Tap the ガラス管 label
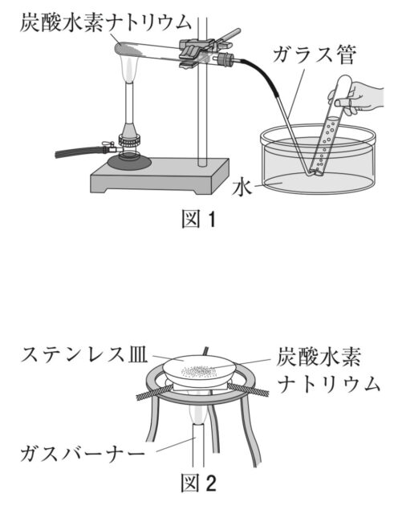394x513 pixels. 312,56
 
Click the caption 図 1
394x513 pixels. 197,218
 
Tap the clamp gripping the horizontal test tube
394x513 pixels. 197,50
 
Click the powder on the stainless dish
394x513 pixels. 199,370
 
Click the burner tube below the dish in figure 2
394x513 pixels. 197,449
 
